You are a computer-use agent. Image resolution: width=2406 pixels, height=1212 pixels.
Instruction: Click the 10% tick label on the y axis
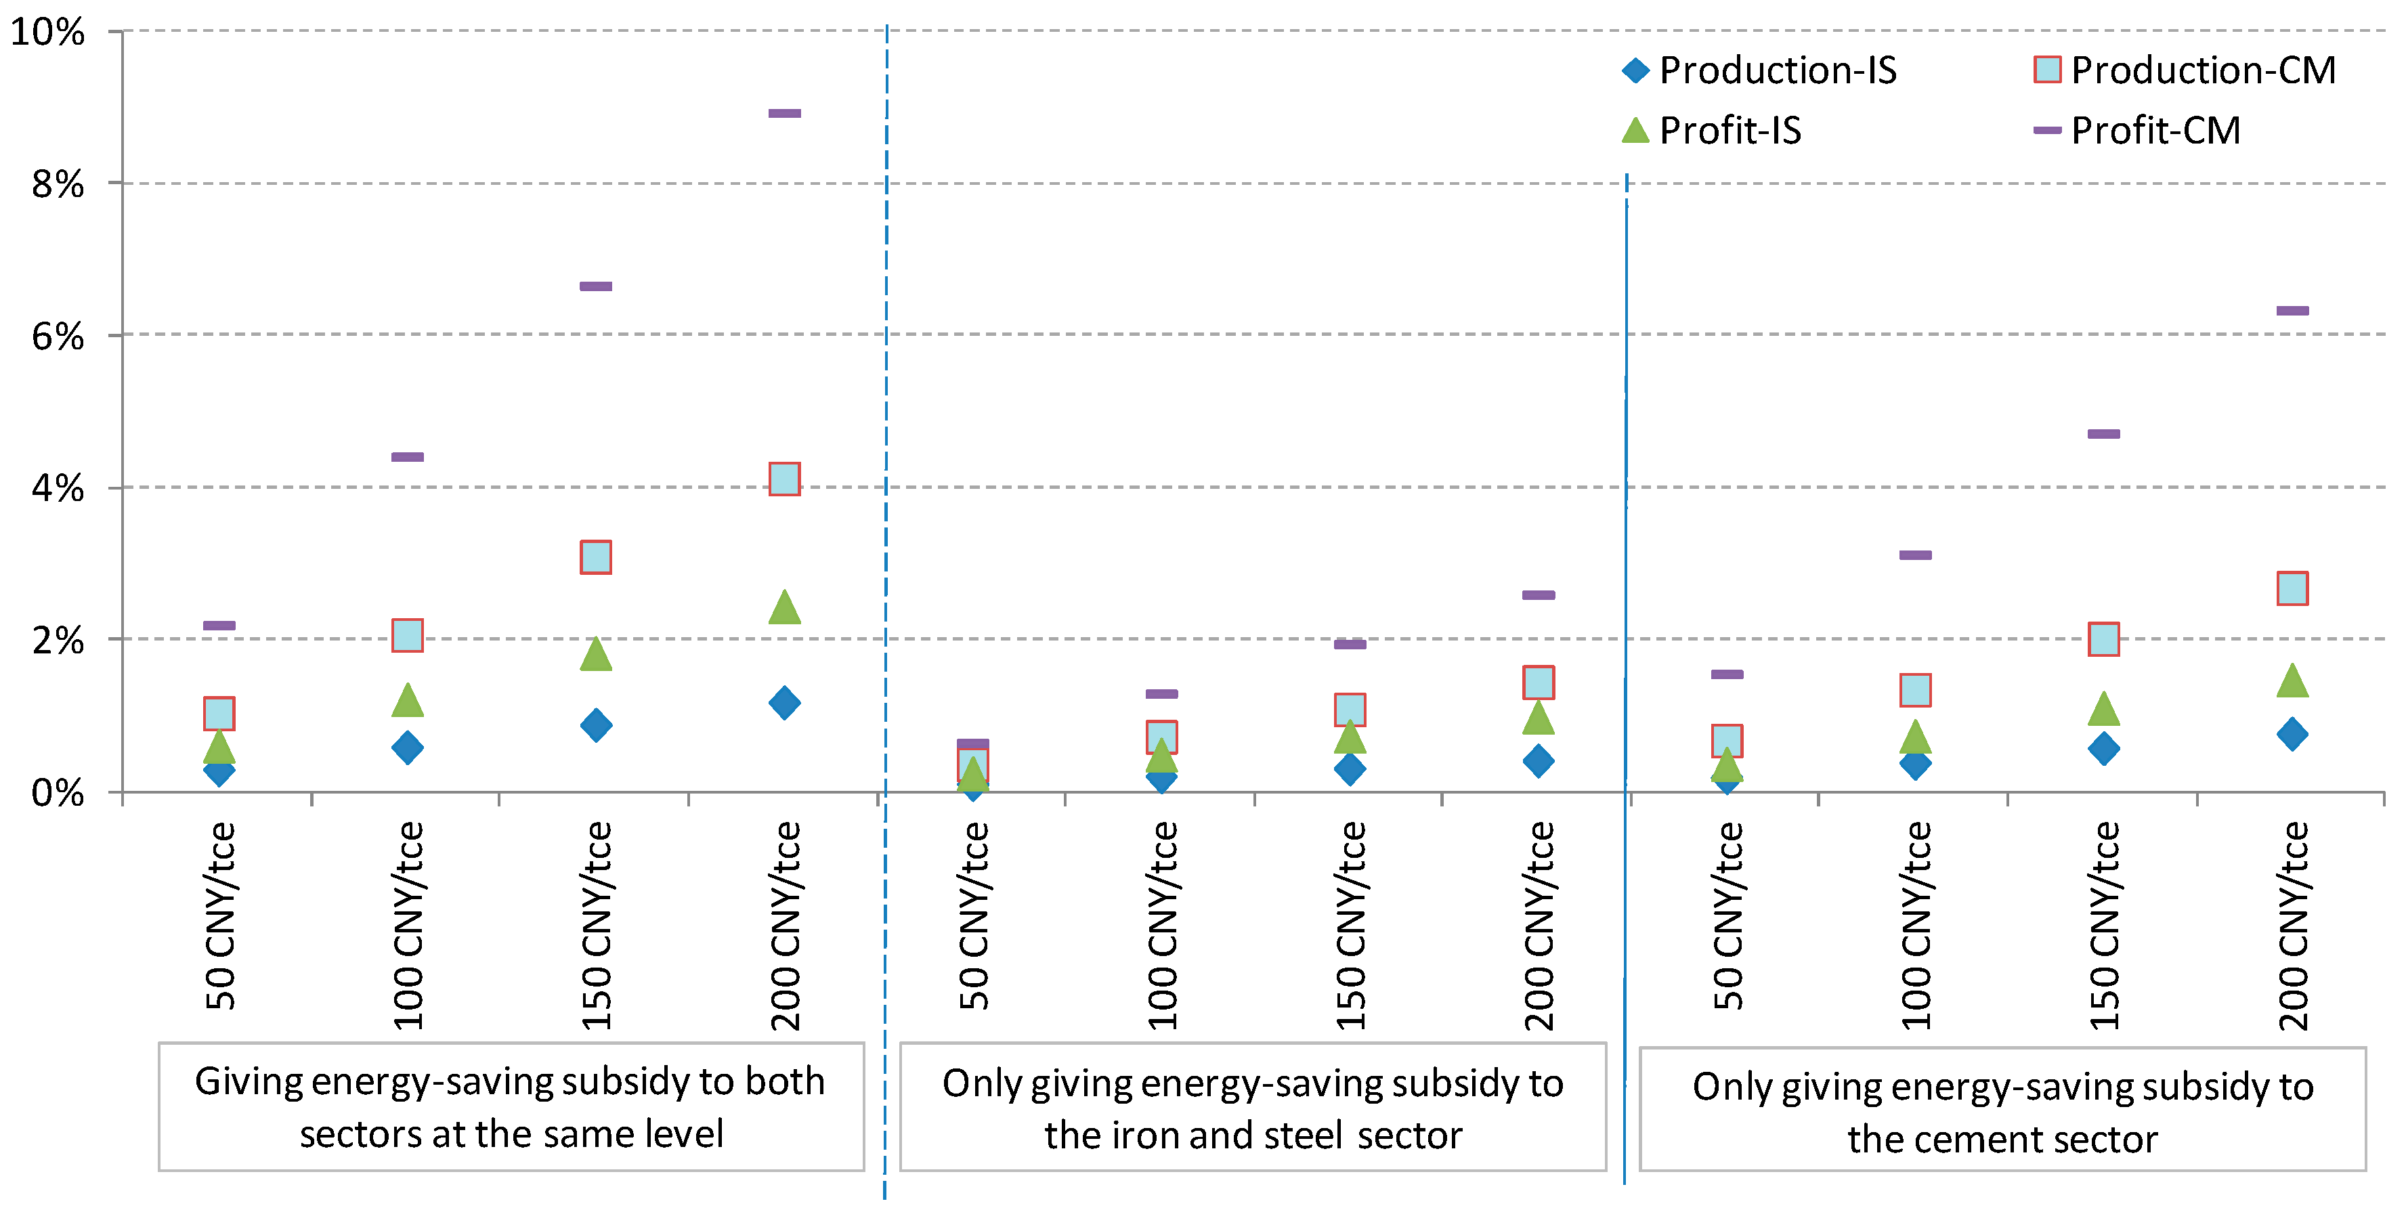tap(47, 33)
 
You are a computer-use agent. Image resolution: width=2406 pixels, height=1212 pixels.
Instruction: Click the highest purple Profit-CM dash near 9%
tap(783, 114)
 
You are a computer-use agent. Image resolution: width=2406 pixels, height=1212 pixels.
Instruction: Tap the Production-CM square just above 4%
tap(783, 479)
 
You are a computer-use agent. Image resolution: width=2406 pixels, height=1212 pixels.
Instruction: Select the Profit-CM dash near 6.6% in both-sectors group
tap(595, 286)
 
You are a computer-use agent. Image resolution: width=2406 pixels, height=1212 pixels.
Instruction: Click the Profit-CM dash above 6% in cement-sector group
tap(2292, 311)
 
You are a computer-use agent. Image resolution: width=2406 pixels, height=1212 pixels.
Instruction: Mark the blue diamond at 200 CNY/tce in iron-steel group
tap(1537, 761)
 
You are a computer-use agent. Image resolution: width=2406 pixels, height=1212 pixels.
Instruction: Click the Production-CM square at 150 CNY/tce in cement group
tap(2103, 640)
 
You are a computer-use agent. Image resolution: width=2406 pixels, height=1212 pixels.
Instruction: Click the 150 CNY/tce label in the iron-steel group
tap(1350, 924)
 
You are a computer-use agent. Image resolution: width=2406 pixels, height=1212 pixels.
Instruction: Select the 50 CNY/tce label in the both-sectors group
tap(221, 915)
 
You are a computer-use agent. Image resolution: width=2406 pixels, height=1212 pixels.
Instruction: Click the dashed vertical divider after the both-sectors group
tap(886, 560)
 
